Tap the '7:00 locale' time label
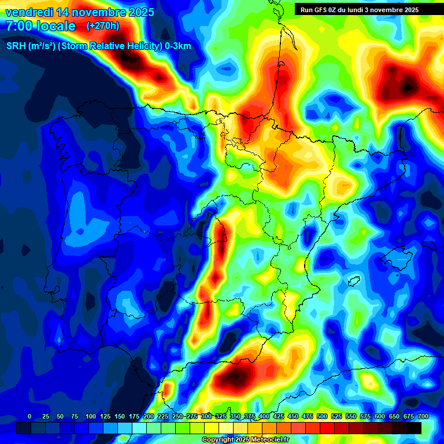(40, 26)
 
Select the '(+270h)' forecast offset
(103, 26)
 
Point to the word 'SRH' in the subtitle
(16, 46)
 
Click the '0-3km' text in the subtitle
(177, 46)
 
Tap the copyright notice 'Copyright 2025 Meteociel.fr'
(246, 439)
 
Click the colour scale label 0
(29, 416)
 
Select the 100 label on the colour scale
(90, 416)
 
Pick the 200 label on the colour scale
(149, 416)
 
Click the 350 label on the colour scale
(235, 416)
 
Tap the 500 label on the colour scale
(322, 416)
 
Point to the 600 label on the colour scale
(380, 416)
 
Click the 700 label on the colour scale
(423, 416)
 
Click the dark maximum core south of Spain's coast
(235, 377)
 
